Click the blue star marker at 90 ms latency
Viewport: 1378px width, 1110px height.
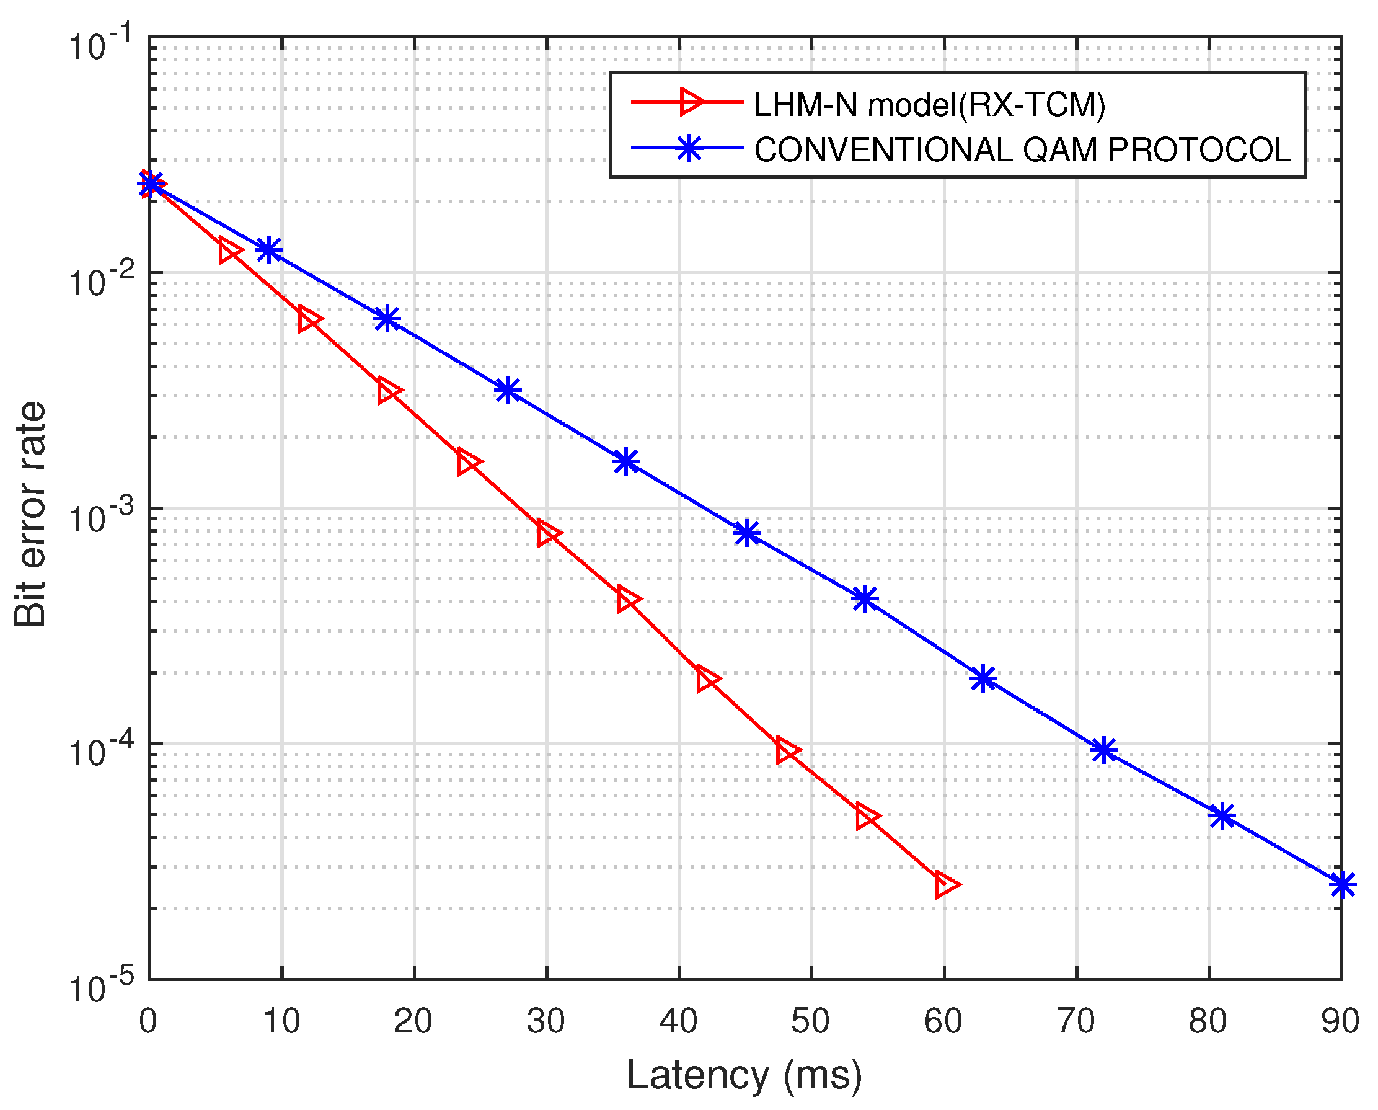coord(1341,885)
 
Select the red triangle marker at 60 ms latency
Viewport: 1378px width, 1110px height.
coord(945,885)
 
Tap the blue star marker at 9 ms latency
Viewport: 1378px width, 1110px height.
coord(269,250)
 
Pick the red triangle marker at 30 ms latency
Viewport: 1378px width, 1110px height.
coord(548,533)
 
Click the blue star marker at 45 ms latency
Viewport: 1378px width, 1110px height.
coord(746,532)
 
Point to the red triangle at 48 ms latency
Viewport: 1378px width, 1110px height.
coord(786,751)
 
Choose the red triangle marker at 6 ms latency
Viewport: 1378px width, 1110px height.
coord(229,251)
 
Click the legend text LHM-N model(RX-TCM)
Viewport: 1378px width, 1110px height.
coord(929,104)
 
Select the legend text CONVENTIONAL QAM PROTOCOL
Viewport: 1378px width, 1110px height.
coord(1023,149)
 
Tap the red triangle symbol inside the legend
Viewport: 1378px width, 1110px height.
coord(691,102)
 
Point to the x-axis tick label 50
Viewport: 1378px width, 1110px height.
coord(810,1021)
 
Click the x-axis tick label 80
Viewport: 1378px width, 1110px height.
coord(1208,1021)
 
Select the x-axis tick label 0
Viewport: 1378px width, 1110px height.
coord(148,1021)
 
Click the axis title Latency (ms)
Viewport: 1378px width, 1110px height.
coord(744,1076)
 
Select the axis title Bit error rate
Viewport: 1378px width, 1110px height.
coord(30,514)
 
